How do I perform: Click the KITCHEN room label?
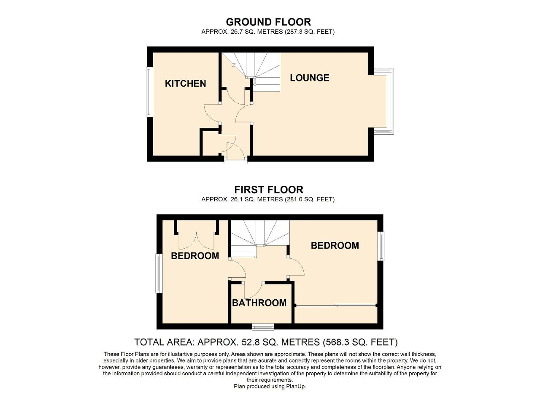185,84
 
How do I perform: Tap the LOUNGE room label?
309,78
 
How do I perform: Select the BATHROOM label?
259,303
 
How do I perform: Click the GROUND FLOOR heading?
268,22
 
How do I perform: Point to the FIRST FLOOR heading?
269,190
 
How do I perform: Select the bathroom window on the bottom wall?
263,326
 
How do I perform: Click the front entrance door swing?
235,151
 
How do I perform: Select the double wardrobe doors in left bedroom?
196,240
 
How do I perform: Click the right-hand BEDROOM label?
335,245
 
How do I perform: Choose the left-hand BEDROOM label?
195,256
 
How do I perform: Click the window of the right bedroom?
381,246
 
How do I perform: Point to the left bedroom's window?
159,273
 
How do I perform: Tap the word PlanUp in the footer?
295,386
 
